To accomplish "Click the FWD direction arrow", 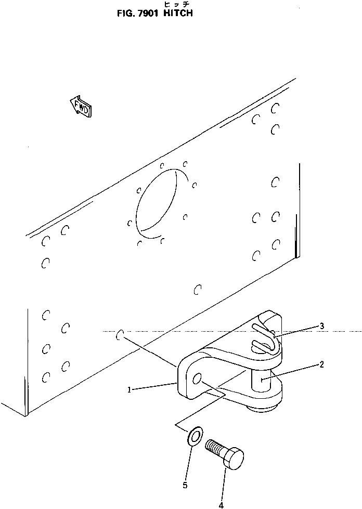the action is point(81,107).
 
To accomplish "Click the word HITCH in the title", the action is point(178,14).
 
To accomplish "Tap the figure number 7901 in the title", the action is point(148,14).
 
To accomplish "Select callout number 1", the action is point(129,390).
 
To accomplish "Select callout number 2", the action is point(321,364).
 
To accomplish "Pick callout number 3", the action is point(322,326).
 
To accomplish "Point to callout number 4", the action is point(222,505).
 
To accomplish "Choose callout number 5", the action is point(185,485).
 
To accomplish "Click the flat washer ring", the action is point(195,437).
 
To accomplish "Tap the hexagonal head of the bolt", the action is point(233,459).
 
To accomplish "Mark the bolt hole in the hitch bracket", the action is point(197,379).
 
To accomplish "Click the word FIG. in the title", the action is point(125,14).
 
